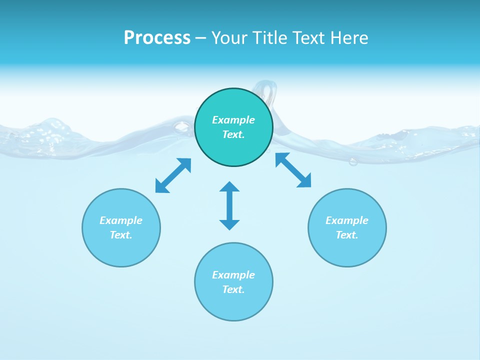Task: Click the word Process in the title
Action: [157, 38]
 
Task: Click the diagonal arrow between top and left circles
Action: [173, 175]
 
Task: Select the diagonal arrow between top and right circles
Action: [293, 170]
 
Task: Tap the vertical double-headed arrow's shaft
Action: [229, 205]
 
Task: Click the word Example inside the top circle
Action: [233, 120]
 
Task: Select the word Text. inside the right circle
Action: [347, 235]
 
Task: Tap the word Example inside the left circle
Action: [121, 220]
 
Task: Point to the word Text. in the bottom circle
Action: [233, 289]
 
